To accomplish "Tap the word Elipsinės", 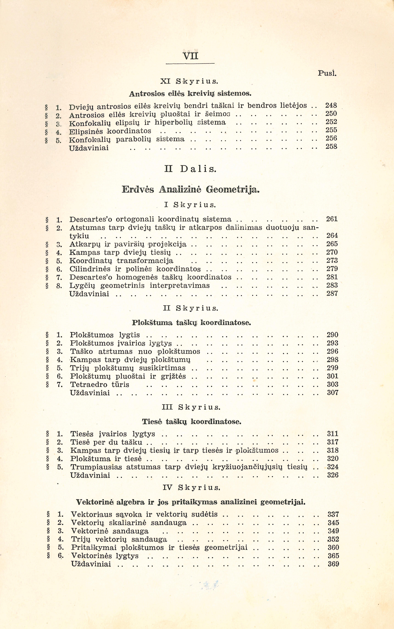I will point(86,131).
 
